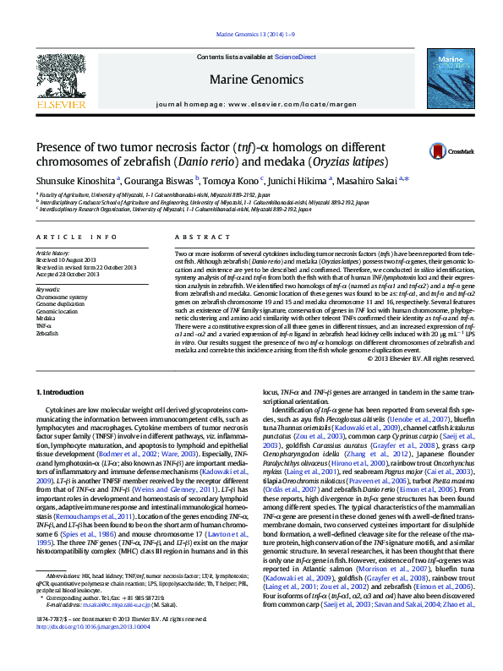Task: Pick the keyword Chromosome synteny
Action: point(61,297)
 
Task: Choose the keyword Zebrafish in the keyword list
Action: point(47,334)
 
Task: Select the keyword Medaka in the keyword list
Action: point(46,319)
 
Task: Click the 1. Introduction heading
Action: point(65,392)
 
